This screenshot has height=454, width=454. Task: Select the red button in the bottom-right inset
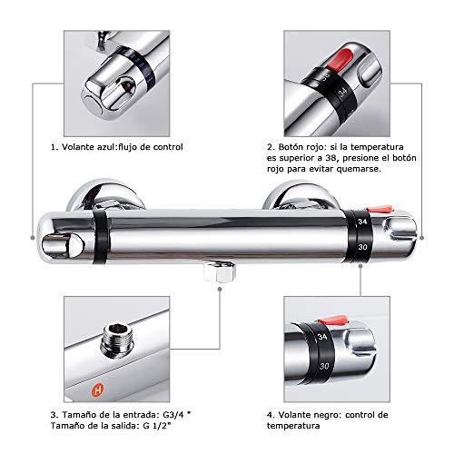pyautogui.click(x=335, y=321)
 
